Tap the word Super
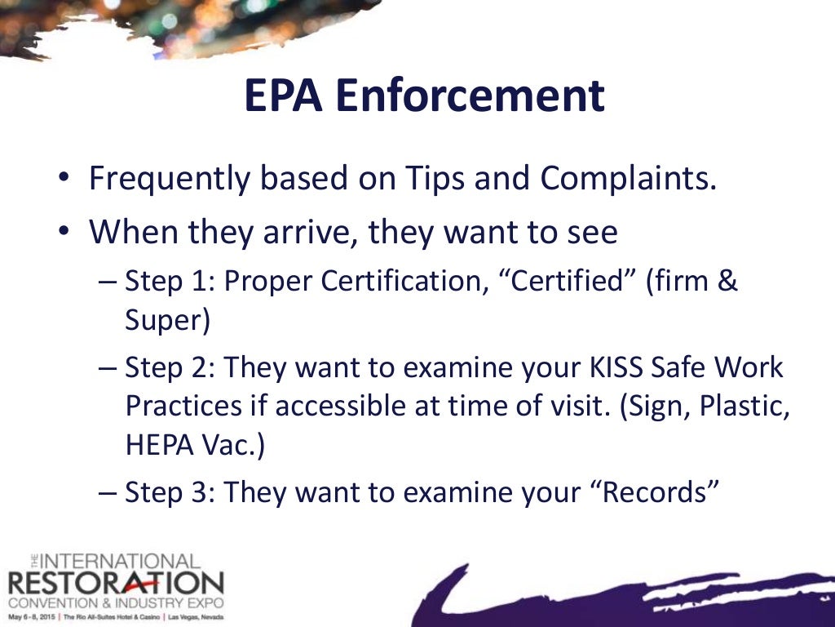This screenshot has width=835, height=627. pos(167,321)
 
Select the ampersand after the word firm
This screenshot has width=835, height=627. pos(728,282)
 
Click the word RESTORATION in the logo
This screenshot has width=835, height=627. pos(114,584)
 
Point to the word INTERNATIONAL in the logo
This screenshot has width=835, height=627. pos(119,563)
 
